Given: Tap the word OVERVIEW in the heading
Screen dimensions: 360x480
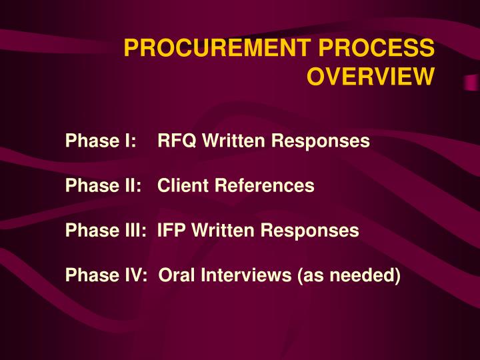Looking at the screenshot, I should (x=370, y=78).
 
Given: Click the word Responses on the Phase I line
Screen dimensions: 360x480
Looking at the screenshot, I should (x=319, y=141).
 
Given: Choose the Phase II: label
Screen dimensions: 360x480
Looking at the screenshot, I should (x=104, y=186).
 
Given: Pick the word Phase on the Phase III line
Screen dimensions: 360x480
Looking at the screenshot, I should (x=90, y=231).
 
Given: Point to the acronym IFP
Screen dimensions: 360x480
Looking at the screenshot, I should (x=171, y=231).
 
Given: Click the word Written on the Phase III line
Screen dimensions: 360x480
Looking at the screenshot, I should (x=221, y=231).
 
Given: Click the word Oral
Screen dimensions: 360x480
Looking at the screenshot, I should (x=176, y=275).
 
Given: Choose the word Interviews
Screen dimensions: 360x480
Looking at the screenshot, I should (x=243, y=275).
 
